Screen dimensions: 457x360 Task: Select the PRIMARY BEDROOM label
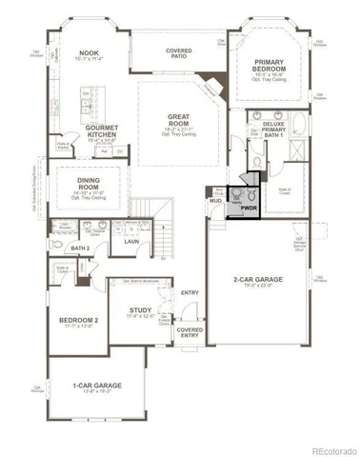[270, 65]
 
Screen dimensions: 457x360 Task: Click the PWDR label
[250, 206]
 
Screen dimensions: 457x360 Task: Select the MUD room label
[216, 201]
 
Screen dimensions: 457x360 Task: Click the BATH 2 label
[80, 248]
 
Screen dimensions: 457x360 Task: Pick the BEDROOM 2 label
[73, 319]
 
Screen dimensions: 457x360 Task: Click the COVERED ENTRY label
[190, 331]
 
